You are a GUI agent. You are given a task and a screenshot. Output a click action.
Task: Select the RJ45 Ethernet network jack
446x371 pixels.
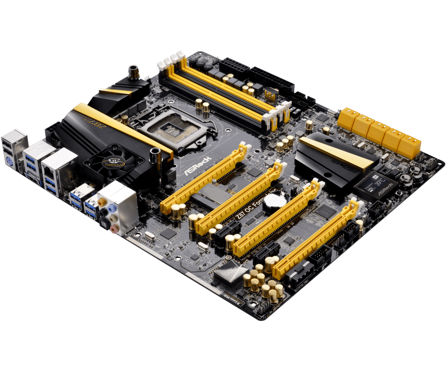[49, 170]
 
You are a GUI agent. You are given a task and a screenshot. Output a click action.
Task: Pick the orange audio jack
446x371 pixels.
[101, 203]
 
